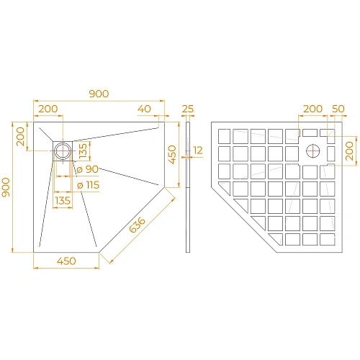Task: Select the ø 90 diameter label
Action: click(x=88, y=169)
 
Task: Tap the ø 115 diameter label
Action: click(x=89, y=185)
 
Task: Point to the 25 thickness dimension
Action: click(x=189, y=109)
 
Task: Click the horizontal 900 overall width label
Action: click(x=99, y=94)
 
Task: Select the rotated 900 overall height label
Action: click(x=7, y=189)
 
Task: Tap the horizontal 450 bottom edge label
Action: click(x=66, y=262)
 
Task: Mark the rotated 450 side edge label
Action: click(x=171, y=154)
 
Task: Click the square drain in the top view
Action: click(x=63, y=150)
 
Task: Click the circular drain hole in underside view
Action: click(x=313, y=151)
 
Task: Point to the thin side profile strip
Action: click(x=188, y=187)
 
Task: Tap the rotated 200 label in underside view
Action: click(x=349, y=151)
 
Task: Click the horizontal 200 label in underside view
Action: click(x=312, y=109)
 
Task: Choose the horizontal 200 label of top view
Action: click(x=48, y=109)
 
